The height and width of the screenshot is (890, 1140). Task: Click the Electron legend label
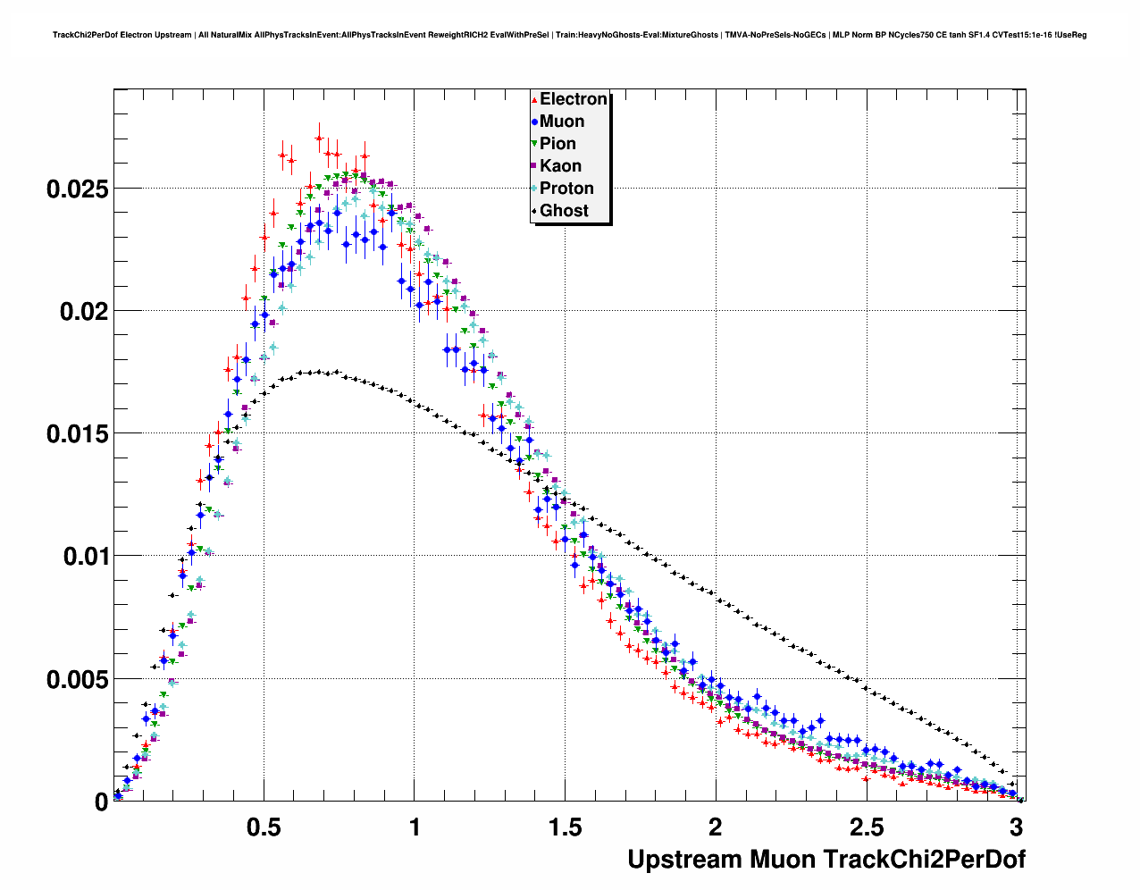point(574,99)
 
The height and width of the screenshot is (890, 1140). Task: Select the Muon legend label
point(562,122)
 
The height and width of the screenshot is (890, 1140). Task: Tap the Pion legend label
point(557,144)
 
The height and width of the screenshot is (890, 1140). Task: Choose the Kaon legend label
point(560,166)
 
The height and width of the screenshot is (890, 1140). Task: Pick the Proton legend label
point(566,189)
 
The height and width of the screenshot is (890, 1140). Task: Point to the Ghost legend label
point(564,211)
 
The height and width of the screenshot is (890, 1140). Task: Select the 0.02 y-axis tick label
point(83,312)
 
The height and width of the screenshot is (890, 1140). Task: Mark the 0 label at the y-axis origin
point(101,802)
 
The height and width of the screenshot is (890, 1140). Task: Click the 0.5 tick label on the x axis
point(264,827)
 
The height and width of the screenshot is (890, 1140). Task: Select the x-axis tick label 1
point(415,827)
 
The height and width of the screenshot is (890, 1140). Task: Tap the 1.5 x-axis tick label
point(565,827)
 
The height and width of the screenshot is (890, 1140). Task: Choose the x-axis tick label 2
point(716,827)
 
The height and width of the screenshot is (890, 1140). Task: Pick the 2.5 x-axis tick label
point(866,827)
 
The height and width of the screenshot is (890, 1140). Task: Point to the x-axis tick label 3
point(1016,827)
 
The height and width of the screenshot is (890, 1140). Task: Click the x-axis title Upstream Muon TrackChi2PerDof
point(826,860)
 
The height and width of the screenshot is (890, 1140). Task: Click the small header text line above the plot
point(569,35)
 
